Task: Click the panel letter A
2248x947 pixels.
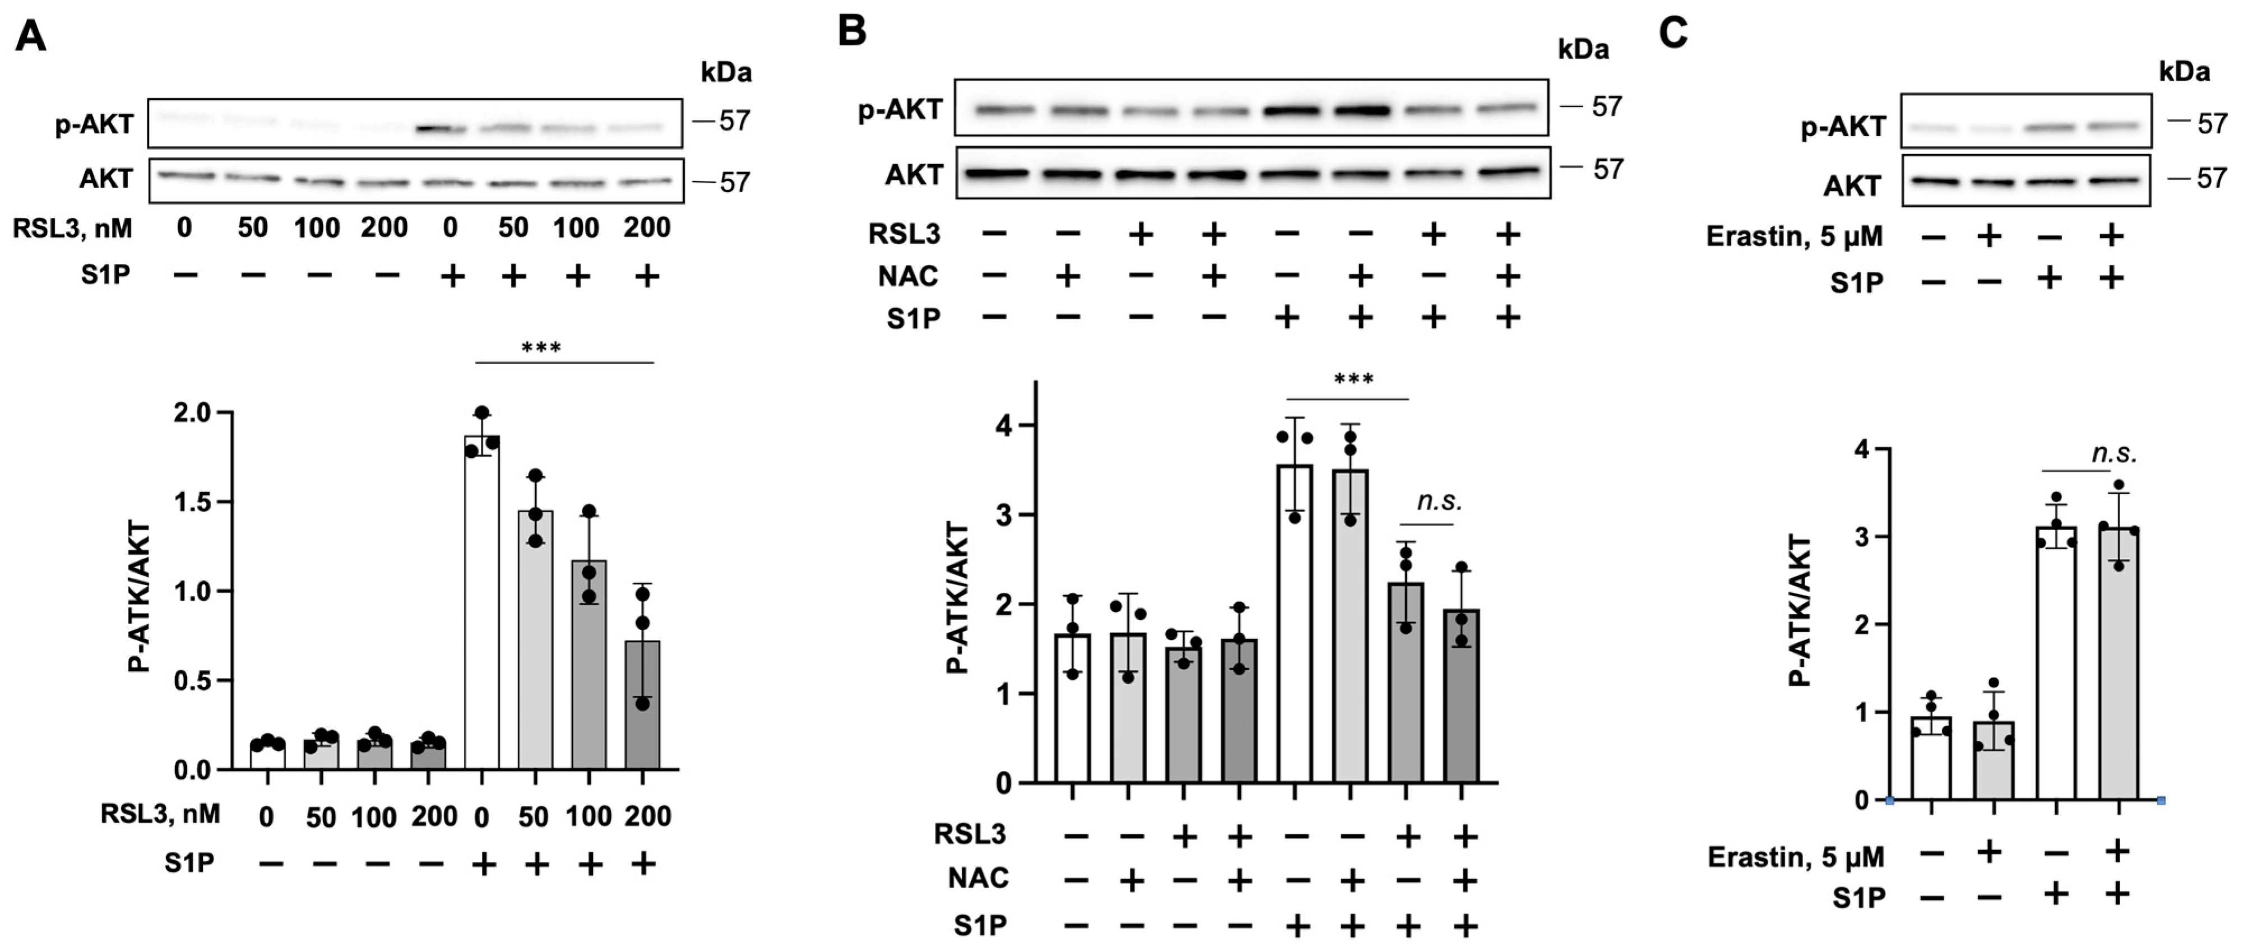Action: tap(30, 36)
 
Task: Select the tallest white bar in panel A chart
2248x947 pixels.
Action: tap(482, 602)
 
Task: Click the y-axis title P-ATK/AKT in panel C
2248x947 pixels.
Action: tap(1800, 611)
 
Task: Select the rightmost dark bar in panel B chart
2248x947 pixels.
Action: tap(1462, 695)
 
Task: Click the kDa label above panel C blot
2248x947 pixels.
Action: tap(2184, 72)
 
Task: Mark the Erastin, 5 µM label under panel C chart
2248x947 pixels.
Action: tap(1795, 857)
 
